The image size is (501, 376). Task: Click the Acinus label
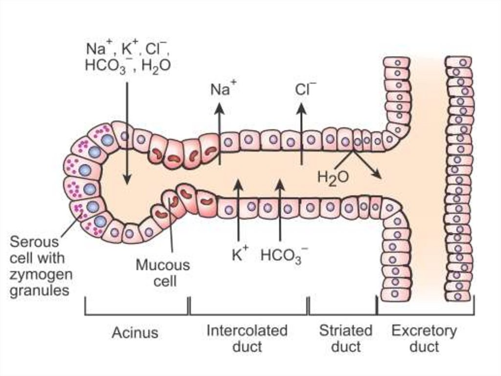coord(135,333)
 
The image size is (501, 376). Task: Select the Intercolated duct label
coord(247,338)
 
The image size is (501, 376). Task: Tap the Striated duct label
coord(345,338)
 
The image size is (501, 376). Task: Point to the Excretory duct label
coord(424,338)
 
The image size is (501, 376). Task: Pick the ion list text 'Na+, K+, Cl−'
coord(128,49)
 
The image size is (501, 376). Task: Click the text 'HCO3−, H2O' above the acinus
coord(128,66)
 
